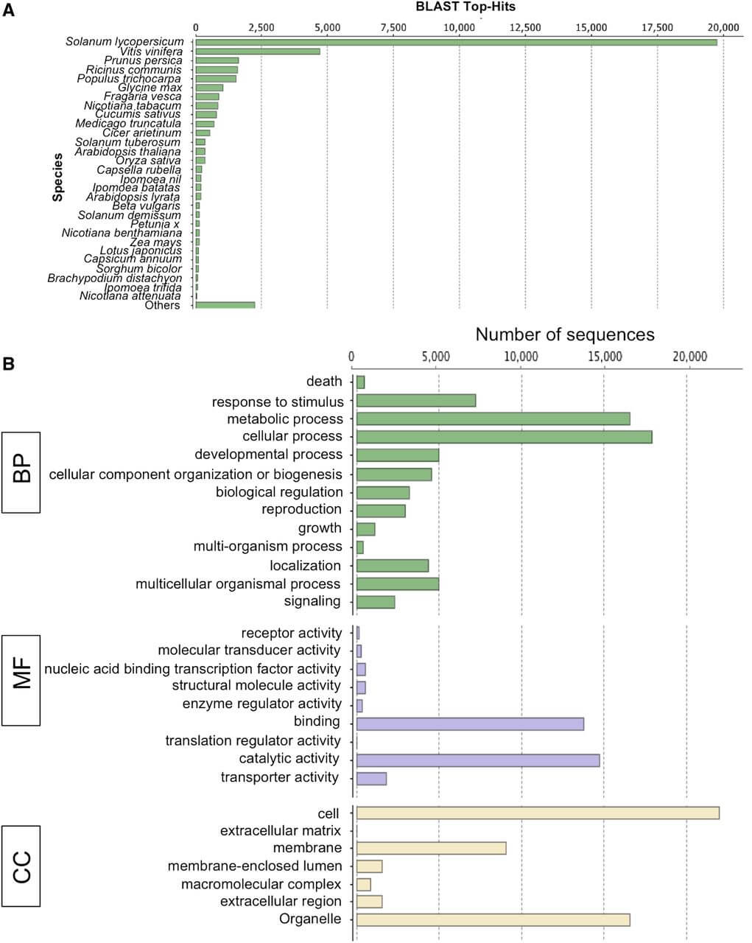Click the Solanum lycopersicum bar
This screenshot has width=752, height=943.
[456, 43]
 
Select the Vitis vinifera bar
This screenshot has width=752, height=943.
[258, 52]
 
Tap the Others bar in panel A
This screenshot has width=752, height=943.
[225, 305]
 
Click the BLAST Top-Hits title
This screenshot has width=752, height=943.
[465, 7]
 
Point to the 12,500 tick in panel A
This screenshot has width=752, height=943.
[525, 27]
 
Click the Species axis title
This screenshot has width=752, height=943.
[57, 177]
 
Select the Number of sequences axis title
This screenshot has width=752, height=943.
[565, 334]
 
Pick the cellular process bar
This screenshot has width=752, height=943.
[504, 437]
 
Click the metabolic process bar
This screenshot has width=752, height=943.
[493, 419]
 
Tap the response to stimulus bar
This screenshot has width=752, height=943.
[416, 401]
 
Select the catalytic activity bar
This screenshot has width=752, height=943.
[478, 760]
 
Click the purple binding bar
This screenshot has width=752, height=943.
[470, 724]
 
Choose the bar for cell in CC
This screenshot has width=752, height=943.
[538, 813]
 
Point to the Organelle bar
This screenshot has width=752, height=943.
[493, 919]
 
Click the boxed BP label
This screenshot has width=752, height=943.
[21, 472]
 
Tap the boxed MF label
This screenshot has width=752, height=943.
[21, 681]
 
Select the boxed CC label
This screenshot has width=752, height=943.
[21, 867]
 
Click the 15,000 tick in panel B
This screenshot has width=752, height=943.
[605, 357]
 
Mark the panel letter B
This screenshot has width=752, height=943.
[8, 363]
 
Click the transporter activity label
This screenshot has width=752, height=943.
[280, 777]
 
